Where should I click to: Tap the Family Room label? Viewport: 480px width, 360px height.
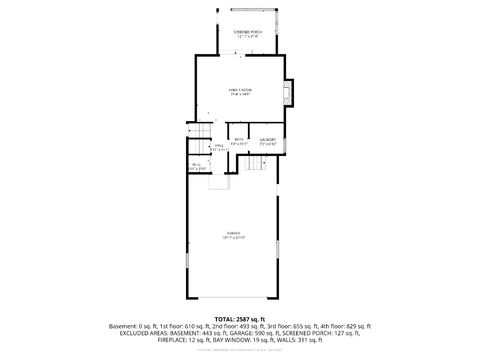click(240, 92)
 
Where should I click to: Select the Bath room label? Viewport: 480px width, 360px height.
click(239, 141)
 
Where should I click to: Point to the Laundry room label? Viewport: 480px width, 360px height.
click(267, 141)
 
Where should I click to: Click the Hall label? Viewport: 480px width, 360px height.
click(218, 148)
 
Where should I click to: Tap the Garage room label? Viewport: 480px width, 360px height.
click(232, 235)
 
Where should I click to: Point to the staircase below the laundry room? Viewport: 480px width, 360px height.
click(256, 166)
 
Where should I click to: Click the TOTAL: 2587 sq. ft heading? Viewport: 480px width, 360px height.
click(240, 317)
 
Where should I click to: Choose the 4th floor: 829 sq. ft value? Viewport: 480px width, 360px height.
click(343, 325)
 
